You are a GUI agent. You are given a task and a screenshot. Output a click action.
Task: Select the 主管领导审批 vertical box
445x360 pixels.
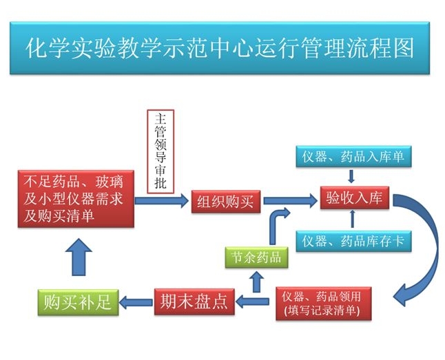click(162, 151)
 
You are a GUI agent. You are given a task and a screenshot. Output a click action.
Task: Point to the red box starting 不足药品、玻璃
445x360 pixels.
click(73, 200)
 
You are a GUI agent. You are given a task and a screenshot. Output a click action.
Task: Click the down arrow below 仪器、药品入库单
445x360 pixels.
click(352, 176)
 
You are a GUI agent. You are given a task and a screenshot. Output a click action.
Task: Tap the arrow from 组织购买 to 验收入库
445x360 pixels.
click(289, 200)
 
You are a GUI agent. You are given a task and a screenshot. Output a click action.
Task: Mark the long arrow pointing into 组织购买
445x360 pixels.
click(161, 200)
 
